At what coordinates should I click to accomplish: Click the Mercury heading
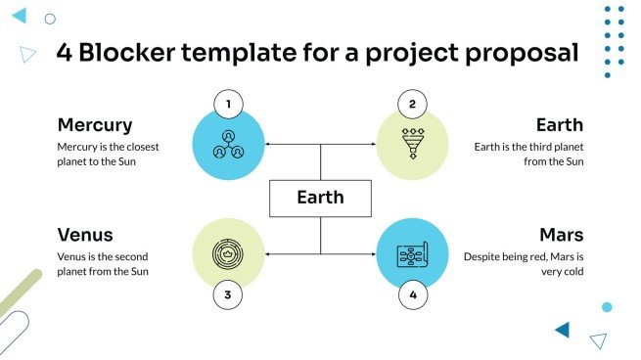pos(95,125)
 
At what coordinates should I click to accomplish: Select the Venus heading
pos(85,235)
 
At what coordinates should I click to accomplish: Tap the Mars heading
pos(561,235)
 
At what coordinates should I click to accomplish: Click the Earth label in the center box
pos(320,198)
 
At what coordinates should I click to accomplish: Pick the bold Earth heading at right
pos(559,125)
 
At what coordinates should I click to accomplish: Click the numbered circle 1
pos(228,104)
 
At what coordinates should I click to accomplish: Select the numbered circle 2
pos(412,104)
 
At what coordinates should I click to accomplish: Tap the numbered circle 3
pos(228,293)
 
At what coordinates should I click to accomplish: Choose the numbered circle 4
pos(412,293)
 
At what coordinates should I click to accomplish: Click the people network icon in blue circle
pos(228,145)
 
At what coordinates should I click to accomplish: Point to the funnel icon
pos(412,144)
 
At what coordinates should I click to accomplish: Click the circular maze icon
pos(228,253)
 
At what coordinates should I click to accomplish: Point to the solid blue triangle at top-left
pos(19,16)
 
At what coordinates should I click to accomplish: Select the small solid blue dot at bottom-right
pos(607,307)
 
